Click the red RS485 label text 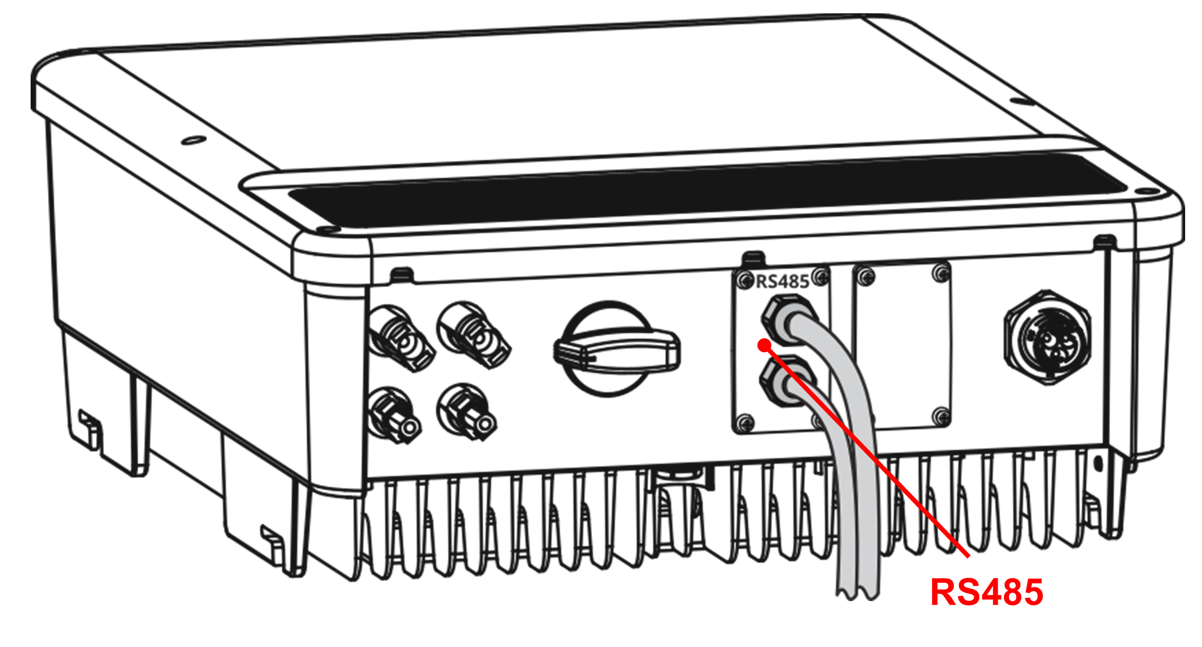[x=987, y=592]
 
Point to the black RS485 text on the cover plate [x=782, y=281]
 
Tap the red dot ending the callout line [x=764, y=346]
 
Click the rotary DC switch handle [x=616, y=350]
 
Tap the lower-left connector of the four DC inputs [x=393, y=415]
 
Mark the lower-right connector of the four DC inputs [x=465, y=412]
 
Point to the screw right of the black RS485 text [x=820, y=278]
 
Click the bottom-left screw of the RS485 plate [x=745, y=422]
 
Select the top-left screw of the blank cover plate [x=866, y=277]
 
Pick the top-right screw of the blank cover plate [x=940, y=272]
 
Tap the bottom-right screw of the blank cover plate [x=941, y=416]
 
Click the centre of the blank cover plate [x=902, y=346]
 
